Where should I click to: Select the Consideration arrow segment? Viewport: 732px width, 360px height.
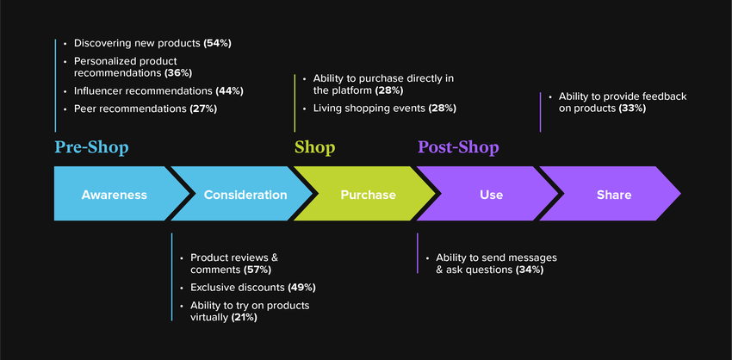click(x=243, y=194)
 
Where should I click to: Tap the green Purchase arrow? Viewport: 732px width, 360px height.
click(x=367, y=194)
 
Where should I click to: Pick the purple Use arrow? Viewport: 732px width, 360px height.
click(x=489, y=194)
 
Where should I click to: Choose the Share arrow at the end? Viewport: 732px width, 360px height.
click(x=611, y=194)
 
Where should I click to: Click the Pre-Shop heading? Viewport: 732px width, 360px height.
click(x=91, y=147)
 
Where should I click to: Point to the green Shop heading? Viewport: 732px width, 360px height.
click(x=314, y=148)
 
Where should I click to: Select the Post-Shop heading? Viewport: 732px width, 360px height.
click(x=458, y=147)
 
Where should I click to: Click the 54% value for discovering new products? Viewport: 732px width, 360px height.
click(x=218, y=43)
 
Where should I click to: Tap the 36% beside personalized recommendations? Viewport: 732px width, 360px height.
click(x=178, y=73)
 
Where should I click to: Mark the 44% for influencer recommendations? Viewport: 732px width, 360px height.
click(x=229, y=91)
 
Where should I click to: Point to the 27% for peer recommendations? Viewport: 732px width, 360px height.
click(x=203, y=109)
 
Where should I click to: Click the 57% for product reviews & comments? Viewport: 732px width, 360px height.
click(x=257, y=270)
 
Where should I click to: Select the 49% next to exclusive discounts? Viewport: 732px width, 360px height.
click(x=301, y=288)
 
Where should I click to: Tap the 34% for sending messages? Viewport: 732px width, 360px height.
click(x=530, y=270)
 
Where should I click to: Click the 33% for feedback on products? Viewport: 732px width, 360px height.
click(x=632, y=109)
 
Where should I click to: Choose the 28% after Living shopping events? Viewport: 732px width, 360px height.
click(x=442, y=109)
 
